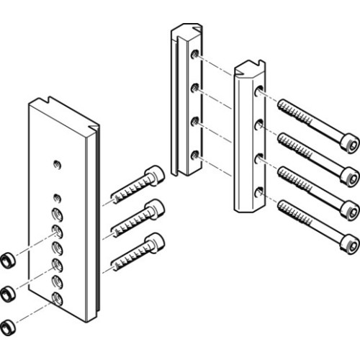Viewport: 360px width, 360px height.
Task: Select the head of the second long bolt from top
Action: (348, 174)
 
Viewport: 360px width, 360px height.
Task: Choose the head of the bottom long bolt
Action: (348, 243)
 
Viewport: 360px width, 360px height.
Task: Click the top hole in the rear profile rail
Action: (194, 54)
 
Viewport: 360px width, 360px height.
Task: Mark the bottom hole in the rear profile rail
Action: (194, 154)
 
